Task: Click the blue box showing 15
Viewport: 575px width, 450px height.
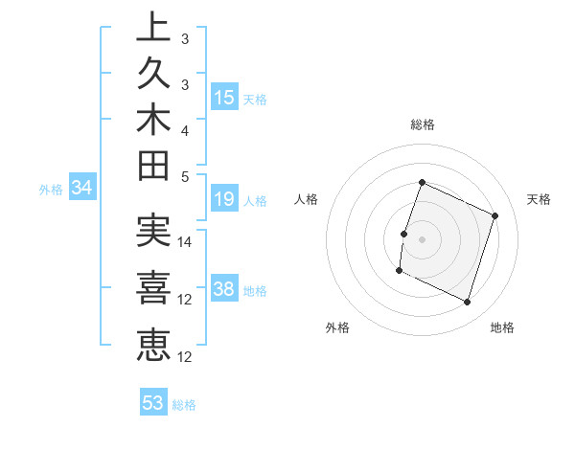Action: (224, 97)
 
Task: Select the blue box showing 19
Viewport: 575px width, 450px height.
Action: (224, 200)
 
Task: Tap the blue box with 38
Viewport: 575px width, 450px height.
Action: (224, 289)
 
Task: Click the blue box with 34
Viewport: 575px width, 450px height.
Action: (82, 189)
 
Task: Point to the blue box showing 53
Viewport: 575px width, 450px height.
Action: (153, 403)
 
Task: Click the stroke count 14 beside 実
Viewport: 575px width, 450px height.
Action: (186, 242)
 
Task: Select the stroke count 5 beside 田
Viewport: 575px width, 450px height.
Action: (186, 177)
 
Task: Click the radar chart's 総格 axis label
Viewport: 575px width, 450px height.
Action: (423, 124)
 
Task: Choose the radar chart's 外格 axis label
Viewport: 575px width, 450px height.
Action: (337, 328)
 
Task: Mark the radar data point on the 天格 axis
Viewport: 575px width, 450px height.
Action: (495, 215)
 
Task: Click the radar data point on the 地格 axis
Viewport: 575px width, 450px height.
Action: (468, 303)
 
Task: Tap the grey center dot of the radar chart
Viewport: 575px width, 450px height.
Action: (422, 239)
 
